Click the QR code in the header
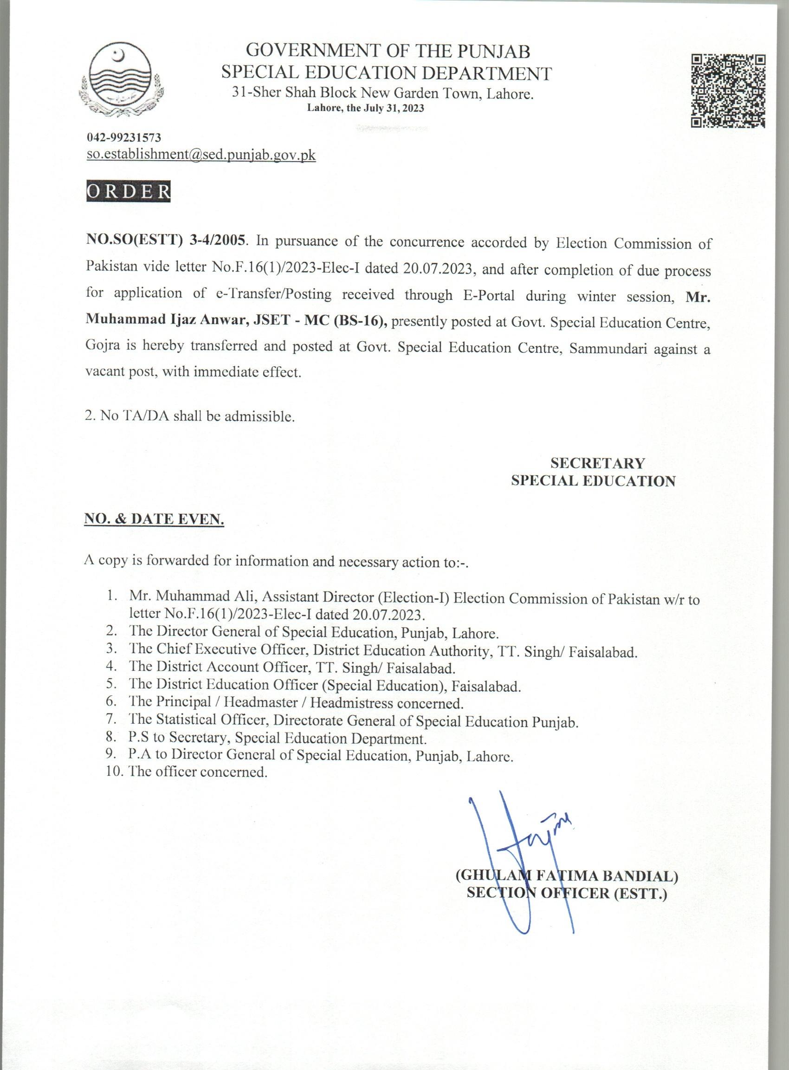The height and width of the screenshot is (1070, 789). [728, 91]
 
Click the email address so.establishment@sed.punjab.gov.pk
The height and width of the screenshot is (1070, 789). [201, 155]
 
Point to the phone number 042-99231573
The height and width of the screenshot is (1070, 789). [124, 138]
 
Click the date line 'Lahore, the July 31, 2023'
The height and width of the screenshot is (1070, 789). [365, 108]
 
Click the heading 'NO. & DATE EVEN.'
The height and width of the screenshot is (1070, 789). [154, 520]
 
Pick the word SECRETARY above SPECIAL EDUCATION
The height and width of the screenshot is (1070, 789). [597, 463]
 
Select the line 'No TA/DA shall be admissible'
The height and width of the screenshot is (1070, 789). [190, 416]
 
